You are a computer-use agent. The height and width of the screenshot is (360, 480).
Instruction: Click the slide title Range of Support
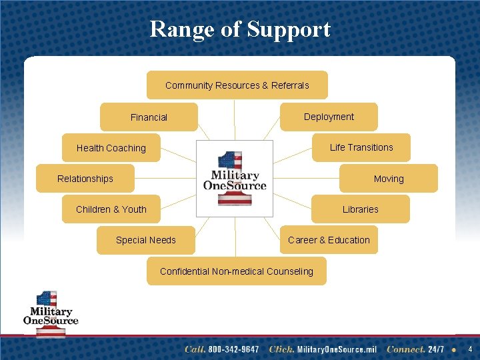(x=240, y=29)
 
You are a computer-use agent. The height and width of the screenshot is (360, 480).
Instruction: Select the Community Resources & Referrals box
(x=237, y=85)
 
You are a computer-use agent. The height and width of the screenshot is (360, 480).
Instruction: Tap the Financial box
(x=149, y=117)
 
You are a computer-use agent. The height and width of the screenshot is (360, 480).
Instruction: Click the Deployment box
(x=329, y=117)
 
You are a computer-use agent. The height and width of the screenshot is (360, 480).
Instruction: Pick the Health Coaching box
(x=111, y=148)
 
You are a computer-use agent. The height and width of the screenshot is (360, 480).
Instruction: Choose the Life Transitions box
(x=361, y=147)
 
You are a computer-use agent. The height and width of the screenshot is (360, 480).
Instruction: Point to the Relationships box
(x=85, y=179)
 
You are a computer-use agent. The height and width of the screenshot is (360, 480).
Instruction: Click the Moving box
(x=389, y=179)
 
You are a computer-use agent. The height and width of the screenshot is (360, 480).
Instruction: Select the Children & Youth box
(x=111, y=209)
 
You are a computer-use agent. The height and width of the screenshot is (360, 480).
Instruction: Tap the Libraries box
(x=361, y=209)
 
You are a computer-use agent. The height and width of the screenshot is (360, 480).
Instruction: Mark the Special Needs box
(x=146, y=240)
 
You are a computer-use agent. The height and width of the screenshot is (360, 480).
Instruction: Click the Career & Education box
(x=329, y=240)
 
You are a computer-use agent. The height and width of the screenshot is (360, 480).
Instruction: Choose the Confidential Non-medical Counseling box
(x=237, y=271)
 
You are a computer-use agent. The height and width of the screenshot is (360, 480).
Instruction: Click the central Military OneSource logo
(x=234, y=178)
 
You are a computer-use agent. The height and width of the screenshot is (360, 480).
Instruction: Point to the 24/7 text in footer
(x=437, y=349)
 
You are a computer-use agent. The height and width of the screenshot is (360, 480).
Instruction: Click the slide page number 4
(x=470, y=349)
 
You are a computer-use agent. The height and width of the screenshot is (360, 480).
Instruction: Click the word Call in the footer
(x=195, y=349)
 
